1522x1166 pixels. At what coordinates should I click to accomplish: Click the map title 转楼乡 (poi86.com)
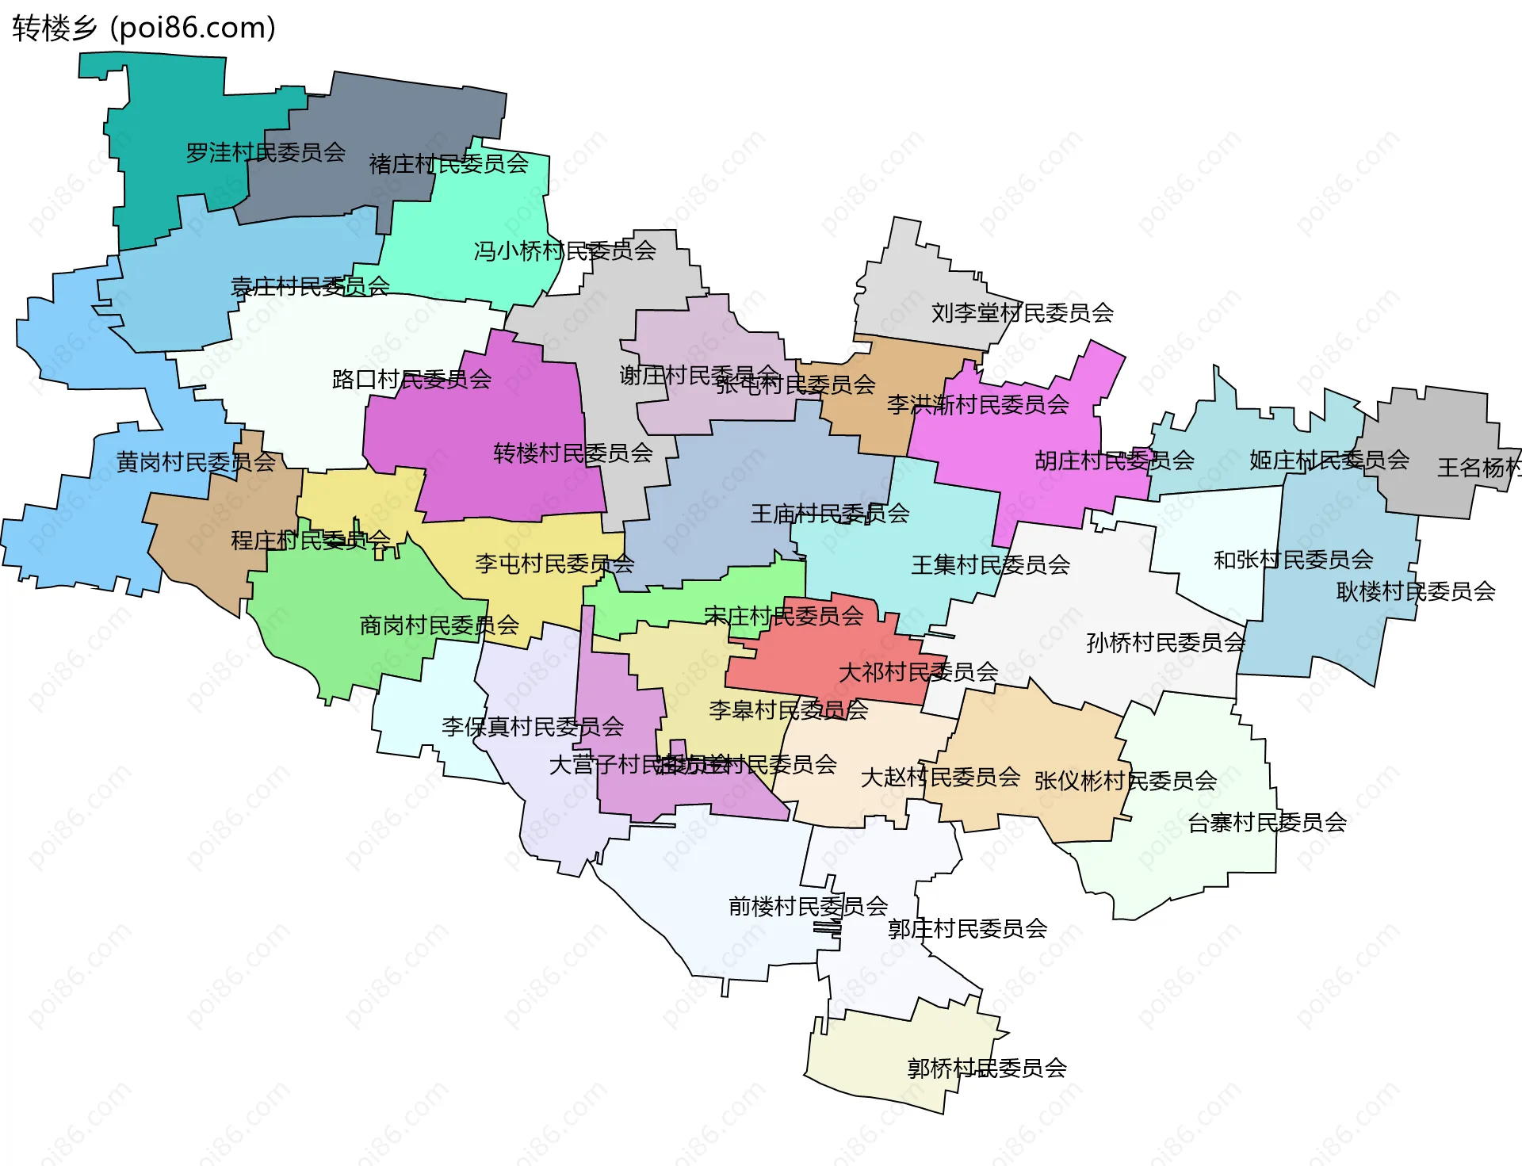tap(143, 28)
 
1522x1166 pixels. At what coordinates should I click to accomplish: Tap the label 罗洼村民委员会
tap(266, 152)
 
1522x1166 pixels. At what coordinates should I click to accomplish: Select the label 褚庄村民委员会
tap(449, 164)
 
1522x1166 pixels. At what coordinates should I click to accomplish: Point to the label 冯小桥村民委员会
tap(564, 251)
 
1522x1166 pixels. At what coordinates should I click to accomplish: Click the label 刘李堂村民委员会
tap(1022, 313)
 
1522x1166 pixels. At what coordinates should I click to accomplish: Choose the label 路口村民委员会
tap(411, 380)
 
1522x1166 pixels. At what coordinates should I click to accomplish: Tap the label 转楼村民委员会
tap(572, 453)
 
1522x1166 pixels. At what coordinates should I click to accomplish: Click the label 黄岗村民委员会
tap(196, 462)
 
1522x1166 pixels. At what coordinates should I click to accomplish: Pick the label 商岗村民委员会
tap(439, 625)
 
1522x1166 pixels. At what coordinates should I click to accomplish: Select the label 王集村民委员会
tap(990, 565)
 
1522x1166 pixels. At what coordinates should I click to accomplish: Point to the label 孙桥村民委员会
tap(1165, 643)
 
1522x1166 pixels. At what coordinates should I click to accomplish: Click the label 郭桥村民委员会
tap(986, 1069)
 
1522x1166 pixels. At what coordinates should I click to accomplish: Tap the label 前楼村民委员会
tap(808, 906)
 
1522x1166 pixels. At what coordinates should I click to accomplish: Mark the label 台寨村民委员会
tap(1267, 823)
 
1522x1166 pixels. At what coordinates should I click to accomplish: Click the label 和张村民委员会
tap(1293, 560)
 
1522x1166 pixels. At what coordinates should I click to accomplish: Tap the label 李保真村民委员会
tap(532, 727)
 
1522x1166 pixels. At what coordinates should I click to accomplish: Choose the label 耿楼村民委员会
tap(1415, 592)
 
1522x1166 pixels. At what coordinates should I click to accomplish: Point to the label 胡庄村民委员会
tap(1114, 461)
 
